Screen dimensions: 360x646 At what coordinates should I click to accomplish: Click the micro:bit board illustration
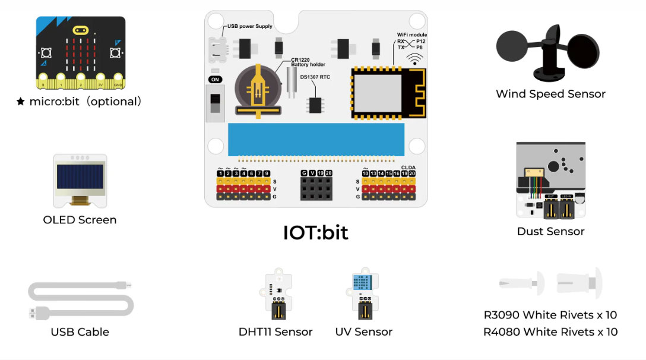[80, 50]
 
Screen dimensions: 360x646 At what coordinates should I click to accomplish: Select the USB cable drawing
[80, 300]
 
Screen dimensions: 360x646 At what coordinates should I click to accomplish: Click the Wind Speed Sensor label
[550, 94]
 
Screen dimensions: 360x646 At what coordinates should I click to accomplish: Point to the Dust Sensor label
[550, 232]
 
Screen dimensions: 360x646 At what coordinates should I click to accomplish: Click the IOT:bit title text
[315, 232]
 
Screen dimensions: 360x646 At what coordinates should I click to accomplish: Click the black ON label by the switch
[216, 79]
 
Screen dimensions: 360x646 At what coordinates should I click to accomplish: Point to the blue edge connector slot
[315, 138]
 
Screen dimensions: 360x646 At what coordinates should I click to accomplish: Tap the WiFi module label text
[411, 35]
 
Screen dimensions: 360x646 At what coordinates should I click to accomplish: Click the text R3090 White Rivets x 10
[550, 315]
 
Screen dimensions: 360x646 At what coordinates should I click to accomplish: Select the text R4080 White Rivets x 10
[550, 331]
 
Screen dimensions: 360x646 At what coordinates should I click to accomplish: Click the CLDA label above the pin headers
[408, 167]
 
